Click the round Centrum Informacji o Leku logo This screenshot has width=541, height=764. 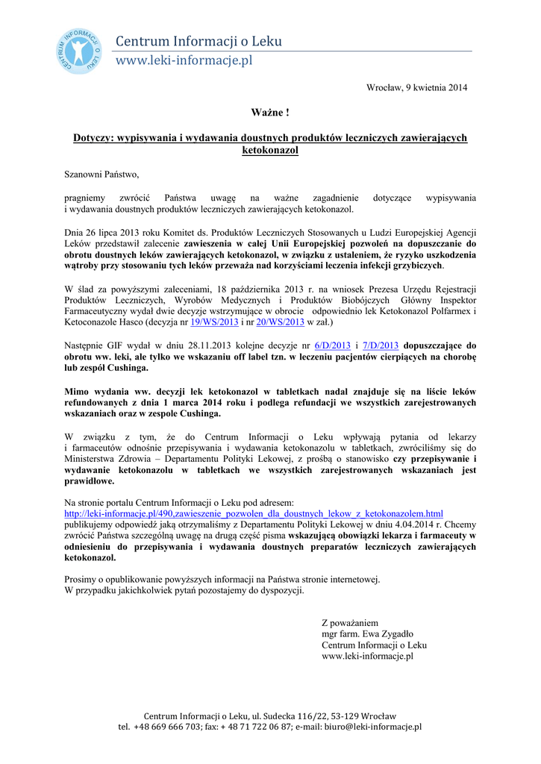tap(78, 51)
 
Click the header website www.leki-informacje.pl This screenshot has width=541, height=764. tap(183, 60)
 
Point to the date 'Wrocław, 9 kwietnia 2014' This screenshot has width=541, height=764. tap(416, 88)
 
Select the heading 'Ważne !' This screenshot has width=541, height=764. tap(270, 113)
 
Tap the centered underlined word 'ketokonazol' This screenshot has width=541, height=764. tap(270, 150)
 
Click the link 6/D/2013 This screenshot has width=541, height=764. tap(333, 345)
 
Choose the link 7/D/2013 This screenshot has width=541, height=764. tap(380, 345)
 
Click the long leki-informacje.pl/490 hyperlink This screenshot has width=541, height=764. tap(254, 513)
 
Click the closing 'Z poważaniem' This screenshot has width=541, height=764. tap(350, 622)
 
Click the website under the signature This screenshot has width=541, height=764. tap(367, 656)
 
